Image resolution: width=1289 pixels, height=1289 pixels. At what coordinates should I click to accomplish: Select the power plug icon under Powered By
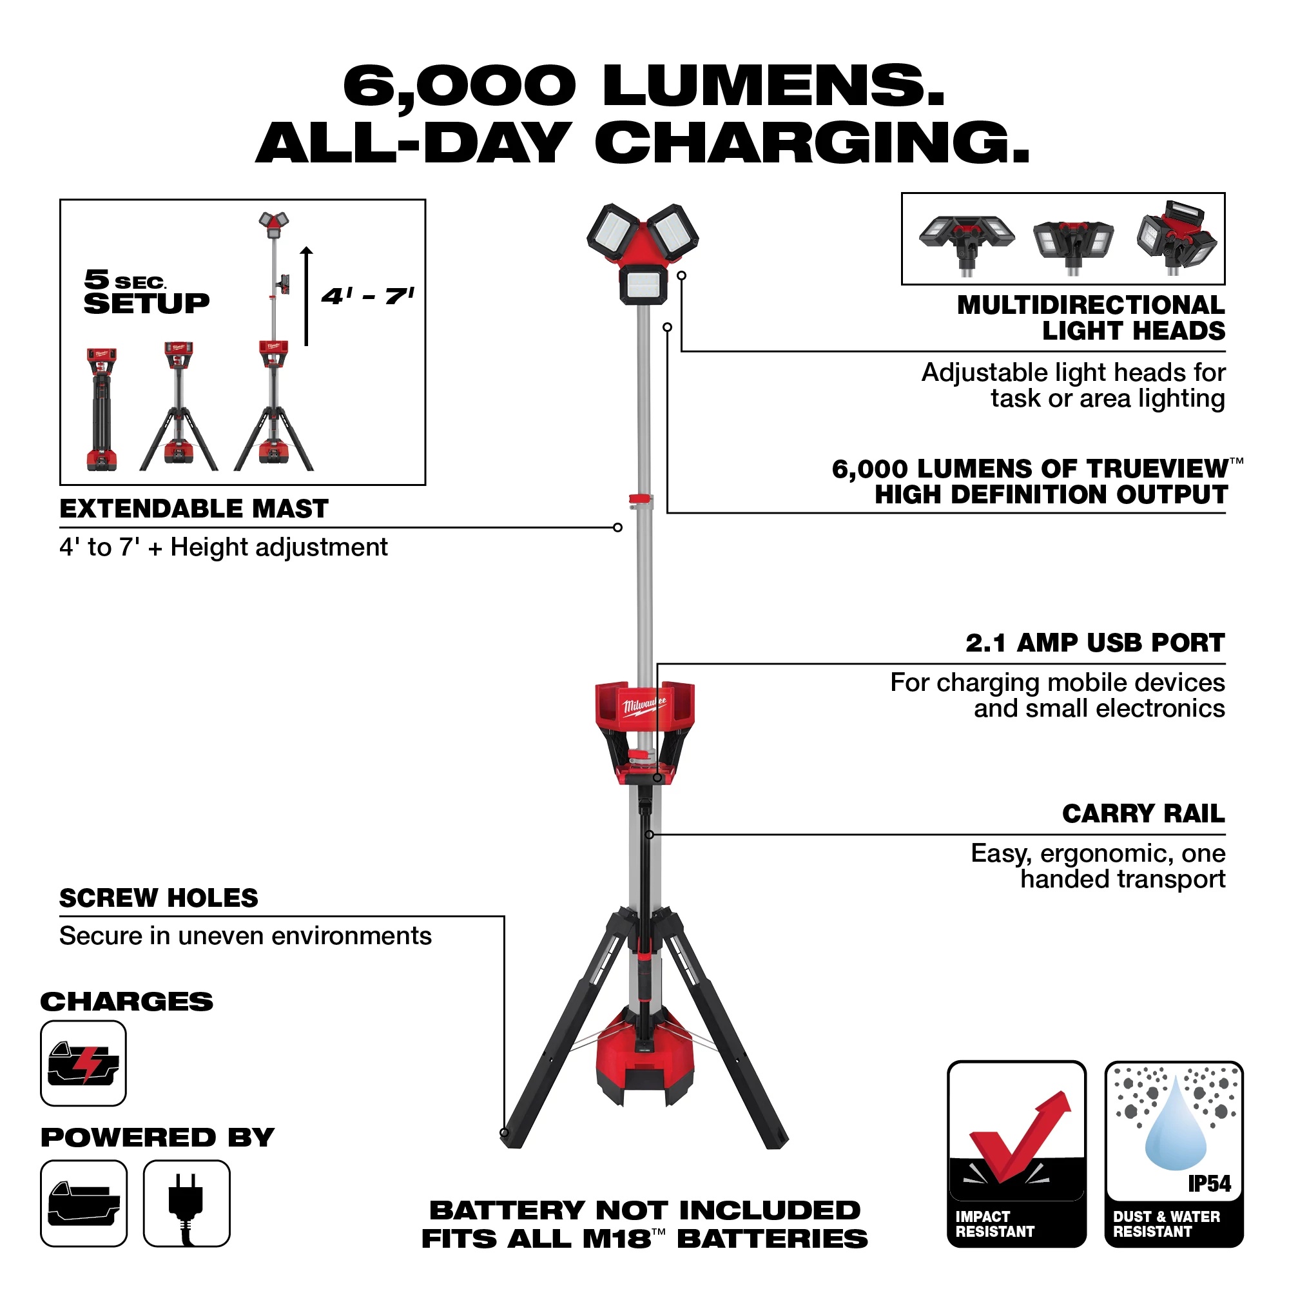[x=186, y=1203]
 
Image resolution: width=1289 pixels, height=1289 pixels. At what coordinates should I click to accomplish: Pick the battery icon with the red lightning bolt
[x=83, y=1063]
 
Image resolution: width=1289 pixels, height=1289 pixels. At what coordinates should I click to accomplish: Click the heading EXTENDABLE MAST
[x=193, y=509]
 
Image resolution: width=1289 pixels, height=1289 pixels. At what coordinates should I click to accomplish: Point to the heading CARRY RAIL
[x=1143, y=813]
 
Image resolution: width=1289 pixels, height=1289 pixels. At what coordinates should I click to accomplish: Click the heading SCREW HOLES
[x=159, y=898]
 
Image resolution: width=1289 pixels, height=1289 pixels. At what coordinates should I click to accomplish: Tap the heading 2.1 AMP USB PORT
[x=1095, y=643]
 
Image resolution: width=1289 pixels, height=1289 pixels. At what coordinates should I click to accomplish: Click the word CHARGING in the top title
[x=812, y=144]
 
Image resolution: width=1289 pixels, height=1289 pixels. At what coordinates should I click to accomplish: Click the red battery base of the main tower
[x=644, y=1067]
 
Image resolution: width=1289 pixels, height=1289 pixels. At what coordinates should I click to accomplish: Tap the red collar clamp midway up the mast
[x=641, y=499]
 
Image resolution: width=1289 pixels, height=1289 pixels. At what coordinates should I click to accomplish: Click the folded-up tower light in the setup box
[x=101, y=409]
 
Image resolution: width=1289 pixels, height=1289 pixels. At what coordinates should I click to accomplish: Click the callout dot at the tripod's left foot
[x=505, y=1132]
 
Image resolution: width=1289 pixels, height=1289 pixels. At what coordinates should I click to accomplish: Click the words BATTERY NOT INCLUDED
[x=644, y=1210]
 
